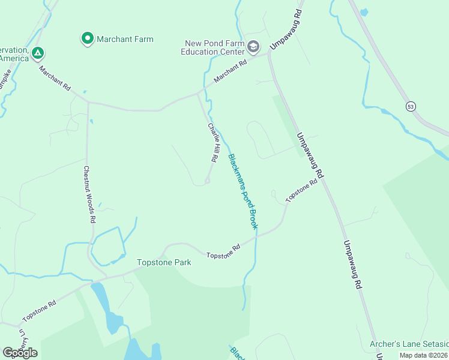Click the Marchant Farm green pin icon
(87, 40)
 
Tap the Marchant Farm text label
(125, 40)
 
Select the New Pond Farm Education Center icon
(254, 47)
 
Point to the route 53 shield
(411, 106)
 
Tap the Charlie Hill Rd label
(212, 143)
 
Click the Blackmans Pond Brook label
(243, 191)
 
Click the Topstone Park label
(164, 262)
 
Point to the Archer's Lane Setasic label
(409, 344)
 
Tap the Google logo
(20, 353)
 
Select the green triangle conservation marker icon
(38, 53)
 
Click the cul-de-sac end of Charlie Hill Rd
(207, 181)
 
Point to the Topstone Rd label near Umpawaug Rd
(301, 190)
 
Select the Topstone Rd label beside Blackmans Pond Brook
(223, 251)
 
